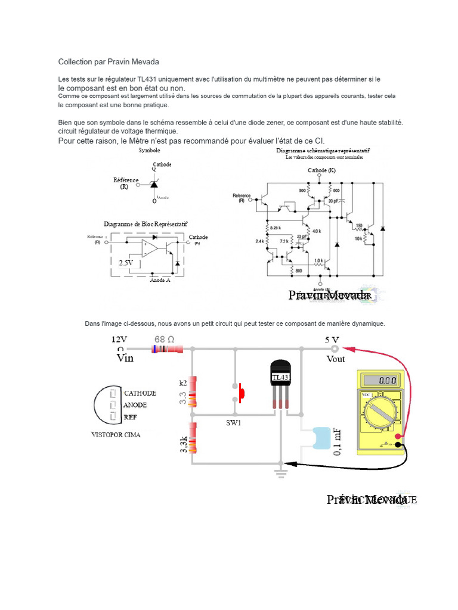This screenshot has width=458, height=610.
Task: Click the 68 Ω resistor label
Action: [x=165, y=340]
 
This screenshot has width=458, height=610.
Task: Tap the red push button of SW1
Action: [x=242, y=392]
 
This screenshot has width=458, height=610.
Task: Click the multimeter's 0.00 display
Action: [x=386, y=379]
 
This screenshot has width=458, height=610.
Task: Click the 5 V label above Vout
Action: [x=332, y=340]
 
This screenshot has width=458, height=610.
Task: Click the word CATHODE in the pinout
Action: [x=140, y=393]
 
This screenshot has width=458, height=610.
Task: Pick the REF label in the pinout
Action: [x=130, y=418]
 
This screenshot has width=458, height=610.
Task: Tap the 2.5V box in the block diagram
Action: [x=126, y=263]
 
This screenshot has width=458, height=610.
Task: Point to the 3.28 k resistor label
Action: [x=275, y=228]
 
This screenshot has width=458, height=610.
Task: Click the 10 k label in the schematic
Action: [x=358, y=238]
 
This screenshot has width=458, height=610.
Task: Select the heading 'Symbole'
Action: [x=149, y=151]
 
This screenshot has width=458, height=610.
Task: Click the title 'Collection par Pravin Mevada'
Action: [x=109, y=61]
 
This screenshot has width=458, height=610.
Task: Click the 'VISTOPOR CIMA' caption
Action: [x=116, y=435]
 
